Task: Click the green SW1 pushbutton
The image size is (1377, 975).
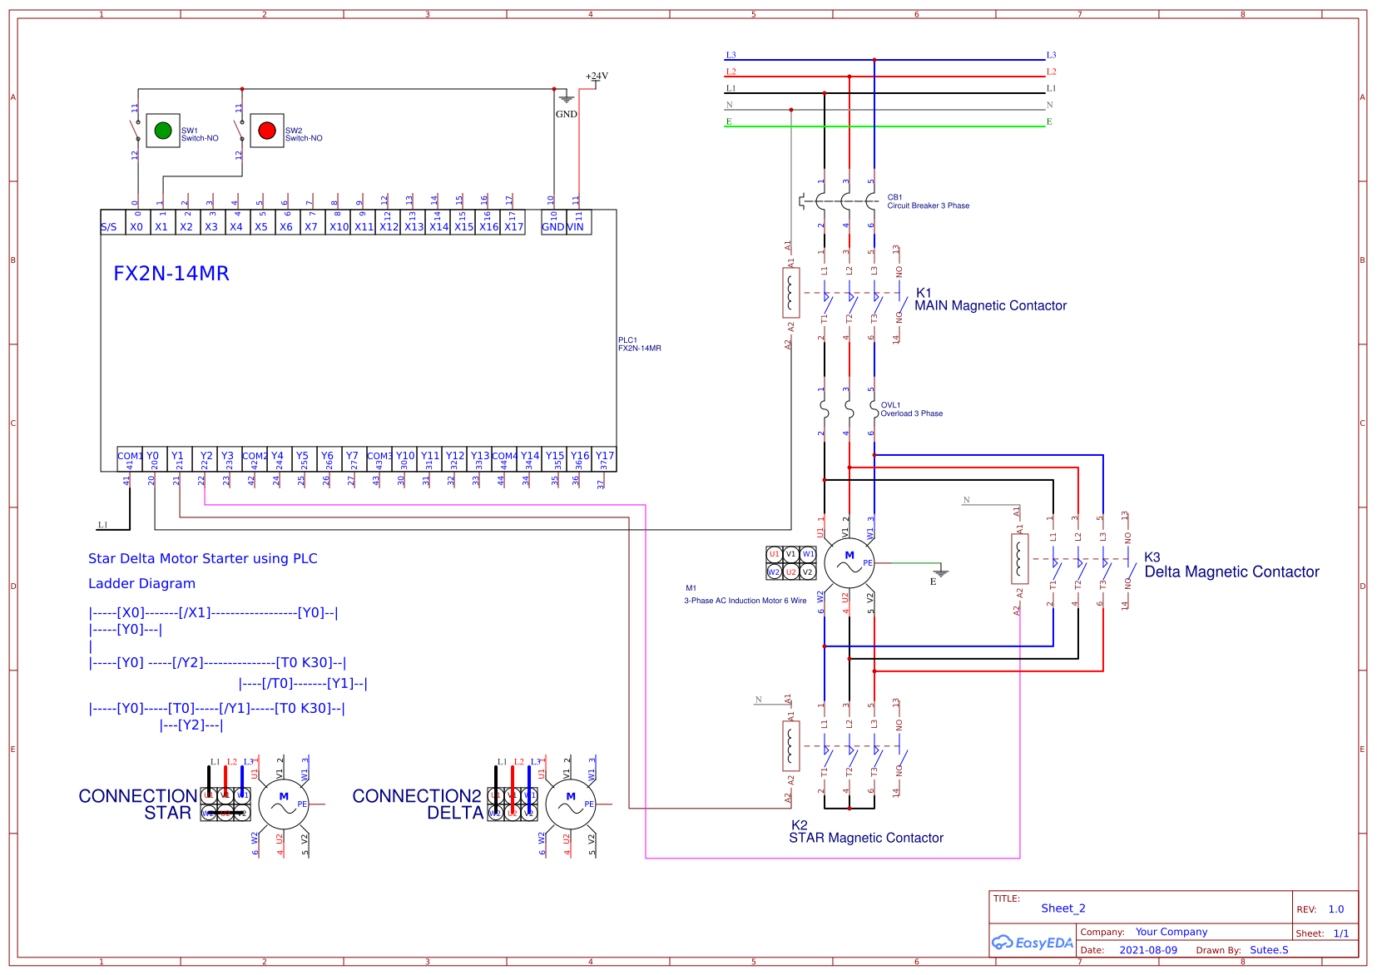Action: click(x=163, y=131)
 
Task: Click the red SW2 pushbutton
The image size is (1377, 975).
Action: click(x=267, y=131)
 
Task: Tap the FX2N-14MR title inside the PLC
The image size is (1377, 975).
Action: click(x=171, y=274)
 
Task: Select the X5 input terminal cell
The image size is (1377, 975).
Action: click(x=261, y=226)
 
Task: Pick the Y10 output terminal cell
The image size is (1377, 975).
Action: click(x=405, y=457)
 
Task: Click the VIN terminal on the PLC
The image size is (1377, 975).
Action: click(x=576, y=226)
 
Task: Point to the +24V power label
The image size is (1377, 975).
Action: click(x=597, y=76)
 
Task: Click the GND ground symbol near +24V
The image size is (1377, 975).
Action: click(x=567, y=100)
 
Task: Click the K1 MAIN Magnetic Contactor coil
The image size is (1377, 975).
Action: click(x=791, y=292)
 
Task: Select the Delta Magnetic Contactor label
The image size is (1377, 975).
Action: click(x=1231, y=572)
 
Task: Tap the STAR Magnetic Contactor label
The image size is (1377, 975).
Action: click(x=866, y=838)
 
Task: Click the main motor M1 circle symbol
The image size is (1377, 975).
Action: click(x=849, y=563)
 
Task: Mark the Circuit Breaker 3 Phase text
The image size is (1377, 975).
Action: click(x=928, y=205)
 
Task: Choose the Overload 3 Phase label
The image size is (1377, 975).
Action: click(x=911, y=413)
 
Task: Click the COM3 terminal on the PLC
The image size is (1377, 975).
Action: click(x=379, y=457)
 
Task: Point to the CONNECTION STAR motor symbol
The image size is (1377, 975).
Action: click(x=283, y=804)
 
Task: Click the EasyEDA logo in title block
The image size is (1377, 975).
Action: click(x=1032, y=943)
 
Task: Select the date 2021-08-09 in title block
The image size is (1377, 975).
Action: click(x=1148, y=950)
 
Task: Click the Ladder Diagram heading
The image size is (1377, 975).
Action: click(x=142, y=584)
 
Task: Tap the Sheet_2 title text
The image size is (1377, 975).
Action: click(x=1063, y=908)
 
